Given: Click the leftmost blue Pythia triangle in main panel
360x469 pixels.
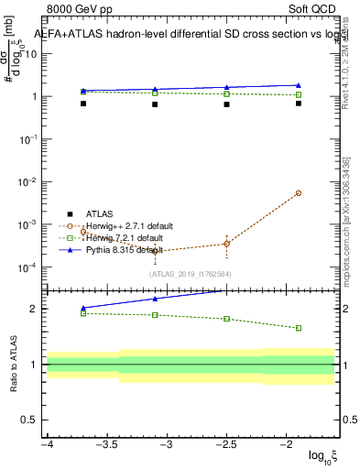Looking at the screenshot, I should click(83, 91).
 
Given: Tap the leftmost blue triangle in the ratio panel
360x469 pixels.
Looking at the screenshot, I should click(83, 309).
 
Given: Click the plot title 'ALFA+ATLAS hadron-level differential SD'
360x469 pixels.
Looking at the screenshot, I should click(180, 35).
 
